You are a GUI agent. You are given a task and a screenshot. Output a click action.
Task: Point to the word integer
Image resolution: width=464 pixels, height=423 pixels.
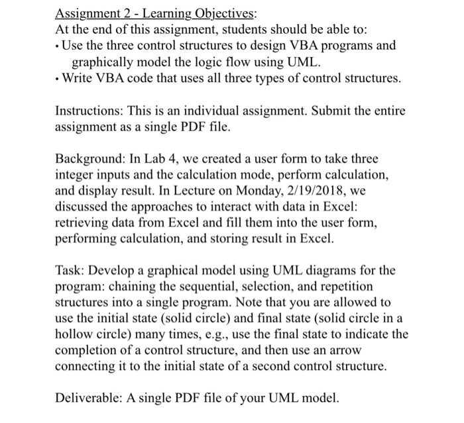click(x=78, y=175)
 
